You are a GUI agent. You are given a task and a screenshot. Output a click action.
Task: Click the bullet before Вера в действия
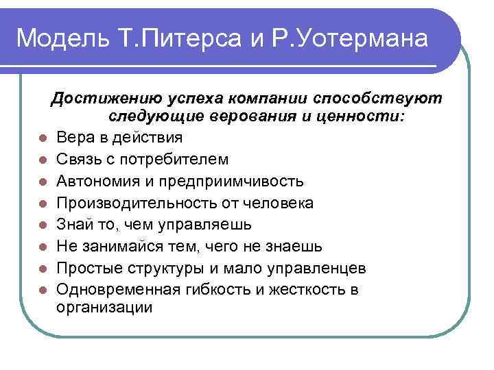[x=43, y=138]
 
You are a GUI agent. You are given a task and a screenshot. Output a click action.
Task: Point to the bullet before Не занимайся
[x=43, y=247]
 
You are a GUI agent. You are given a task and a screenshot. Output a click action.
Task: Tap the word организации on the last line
[x=104, y=308]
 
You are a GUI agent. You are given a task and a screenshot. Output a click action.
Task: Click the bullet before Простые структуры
[x=43, y=269]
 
